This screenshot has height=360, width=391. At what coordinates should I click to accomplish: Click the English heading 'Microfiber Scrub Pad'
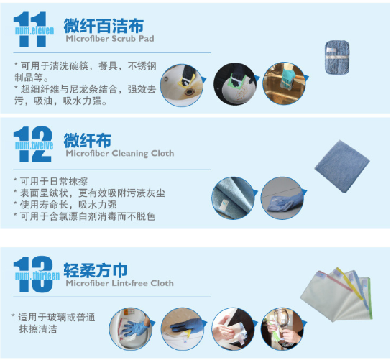[110, 39]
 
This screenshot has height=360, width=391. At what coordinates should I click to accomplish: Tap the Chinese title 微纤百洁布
[103, 26]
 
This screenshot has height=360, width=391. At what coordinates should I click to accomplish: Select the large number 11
[30, 29]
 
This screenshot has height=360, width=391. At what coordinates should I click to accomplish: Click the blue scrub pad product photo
[337, 57]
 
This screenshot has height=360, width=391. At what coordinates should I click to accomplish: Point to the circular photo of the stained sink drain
[182, 85]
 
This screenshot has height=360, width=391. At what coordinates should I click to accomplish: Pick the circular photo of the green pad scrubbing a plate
[235, 84]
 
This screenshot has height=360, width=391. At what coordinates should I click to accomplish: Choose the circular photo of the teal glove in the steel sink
[284, 83]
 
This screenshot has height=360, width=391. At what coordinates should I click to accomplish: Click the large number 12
[32, 144]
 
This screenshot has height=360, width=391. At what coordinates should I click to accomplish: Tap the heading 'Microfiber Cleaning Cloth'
[120, 153]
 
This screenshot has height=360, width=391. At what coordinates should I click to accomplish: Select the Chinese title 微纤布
[87, 140]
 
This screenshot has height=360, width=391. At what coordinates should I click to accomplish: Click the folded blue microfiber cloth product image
[342, 166]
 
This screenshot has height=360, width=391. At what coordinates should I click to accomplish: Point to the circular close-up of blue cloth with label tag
[233, 198]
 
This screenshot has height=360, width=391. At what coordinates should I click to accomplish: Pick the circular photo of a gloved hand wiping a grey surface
[282, 198]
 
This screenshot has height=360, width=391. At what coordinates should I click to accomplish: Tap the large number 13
[33, 274]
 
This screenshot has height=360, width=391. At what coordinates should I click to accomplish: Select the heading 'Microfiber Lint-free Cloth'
[120, 283]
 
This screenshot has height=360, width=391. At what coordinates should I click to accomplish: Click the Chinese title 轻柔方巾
[96, 270]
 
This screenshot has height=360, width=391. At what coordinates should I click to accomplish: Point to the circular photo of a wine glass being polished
[282, 328]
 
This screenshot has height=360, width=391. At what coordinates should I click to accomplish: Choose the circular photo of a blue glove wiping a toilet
[131, 328]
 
